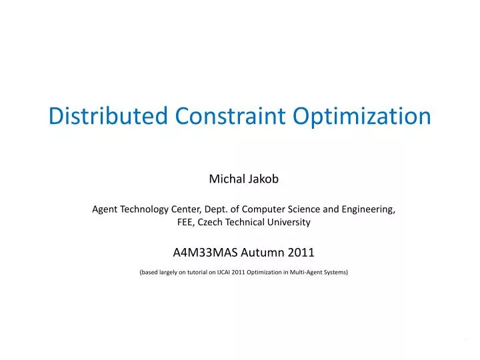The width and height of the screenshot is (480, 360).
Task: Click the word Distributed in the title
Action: [109, 116]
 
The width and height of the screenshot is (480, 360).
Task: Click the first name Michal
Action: [225, 179]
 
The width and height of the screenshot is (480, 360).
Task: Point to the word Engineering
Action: [367, 209]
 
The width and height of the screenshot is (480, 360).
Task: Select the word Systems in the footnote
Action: [335, 272]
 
